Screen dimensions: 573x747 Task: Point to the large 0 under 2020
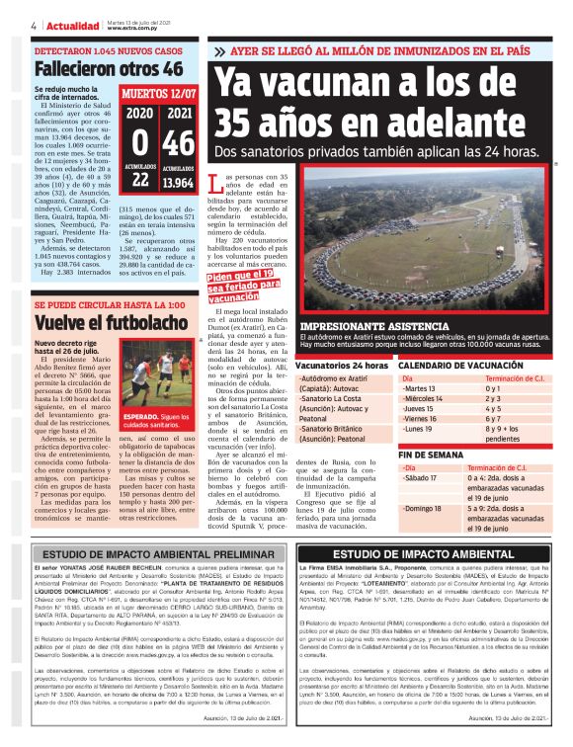coord(139,143)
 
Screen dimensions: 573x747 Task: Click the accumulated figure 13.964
coord(178,183)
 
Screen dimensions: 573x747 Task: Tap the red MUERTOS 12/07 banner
coord(158,96)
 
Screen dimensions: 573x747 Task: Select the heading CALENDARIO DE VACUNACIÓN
coord(460,366)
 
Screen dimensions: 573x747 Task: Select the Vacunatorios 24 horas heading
coord(342,366)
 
